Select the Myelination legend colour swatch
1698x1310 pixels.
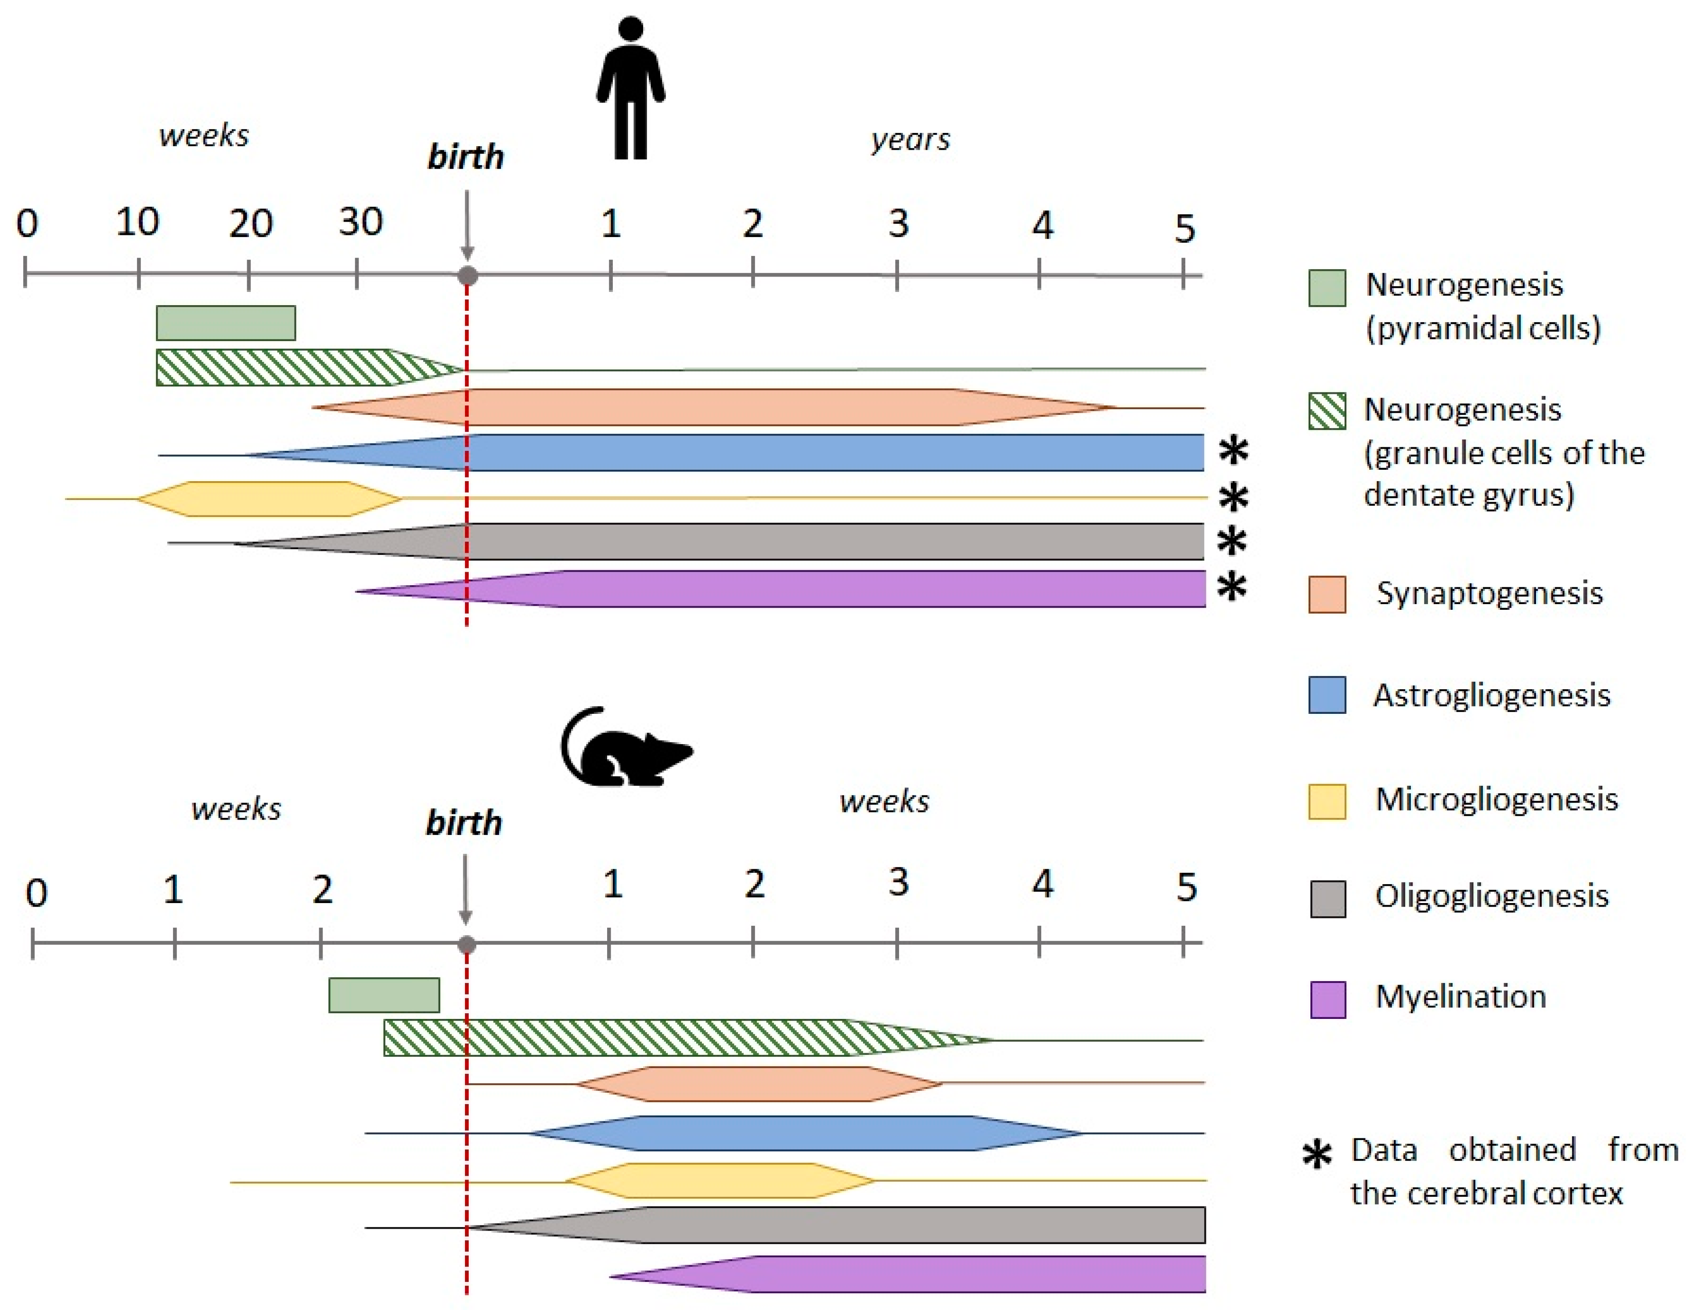coord(1327,999)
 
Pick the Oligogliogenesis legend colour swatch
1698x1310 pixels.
coord(1327,899)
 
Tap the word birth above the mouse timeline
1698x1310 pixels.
coord(464,823)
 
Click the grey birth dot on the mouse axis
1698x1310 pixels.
coord(467,945)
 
